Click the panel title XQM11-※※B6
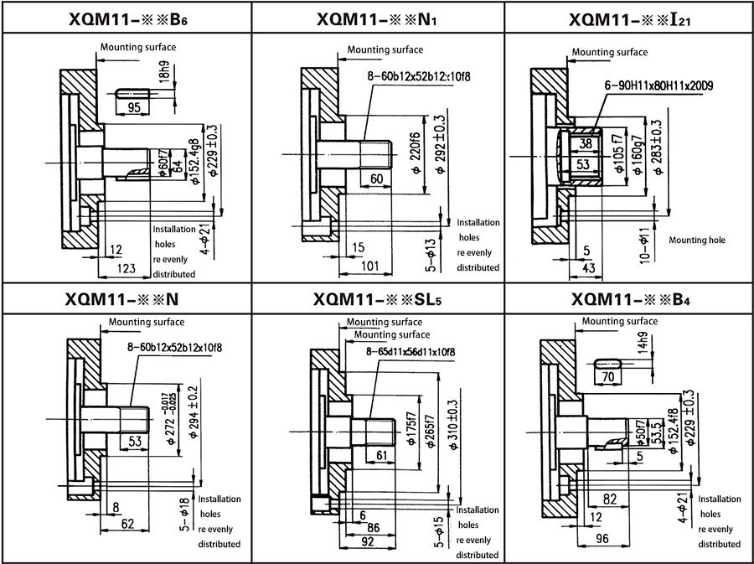(127, 18)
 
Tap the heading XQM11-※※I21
(630, 18)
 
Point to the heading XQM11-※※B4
(630, 299)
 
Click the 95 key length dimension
(134, 107)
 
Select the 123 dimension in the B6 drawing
(126, 268)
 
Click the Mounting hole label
(696, 241)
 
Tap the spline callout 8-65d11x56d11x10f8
(411, 351)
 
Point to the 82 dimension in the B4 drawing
(611, 499)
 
